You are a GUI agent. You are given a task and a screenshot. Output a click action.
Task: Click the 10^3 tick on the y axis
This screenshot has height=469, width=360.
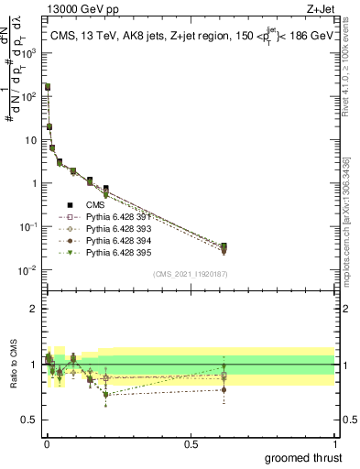click(x=29, y=53)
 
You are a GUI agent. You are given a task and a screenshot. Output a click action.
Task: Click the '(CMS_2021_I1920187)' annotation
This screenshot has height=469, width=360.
click(x=190, y=274)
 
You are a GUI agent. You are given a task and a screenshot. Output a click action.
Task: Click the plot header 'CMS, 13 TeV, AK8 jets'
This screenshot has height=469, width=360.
click(x=110, y=36)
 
